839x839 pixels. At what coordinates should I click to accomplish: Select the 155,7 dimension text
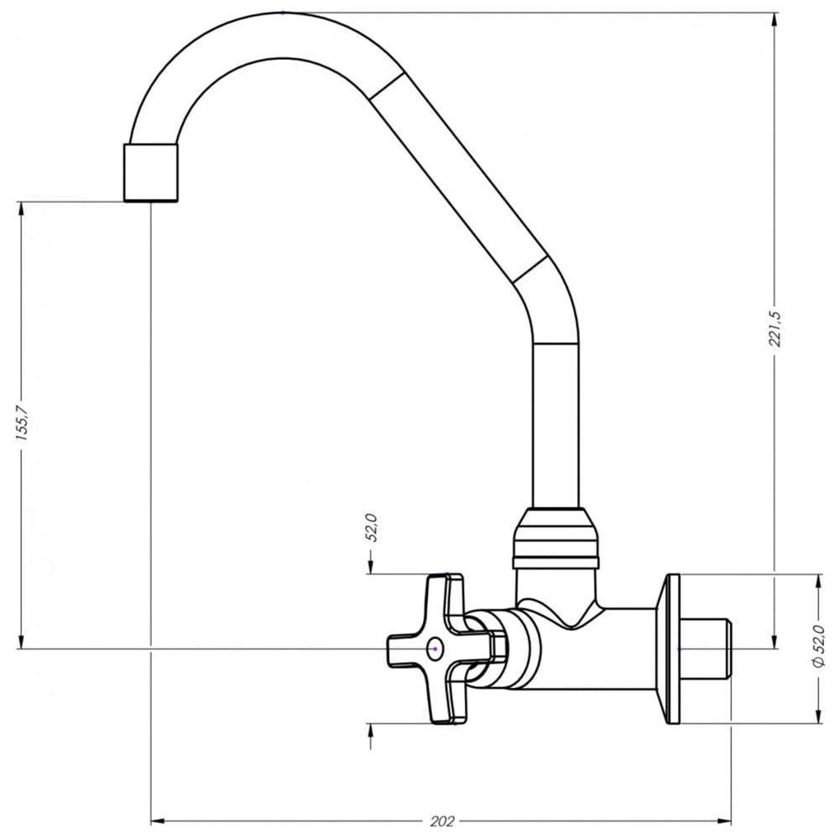click(x=23, y=426)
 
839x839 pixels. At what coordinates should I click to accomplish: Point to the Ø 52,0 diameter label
click(x=820, y=648)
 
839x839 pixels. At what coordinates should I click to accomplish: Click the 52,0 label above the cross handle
click(x=370, y=530)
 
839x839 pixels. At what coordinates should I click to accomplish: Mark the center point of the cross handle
click(x=434, y=649)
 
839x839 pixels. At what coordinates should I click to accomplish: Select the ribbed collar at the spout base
click(x=555, y=537)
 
